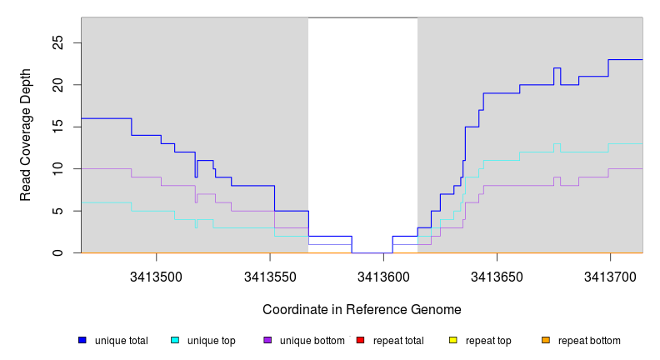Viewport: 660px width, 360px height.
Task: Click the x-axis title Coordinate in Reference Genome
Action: click(x=362, y=309)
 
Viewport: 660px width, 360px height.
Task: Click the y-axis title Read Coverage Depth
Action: click(x=26, y=135)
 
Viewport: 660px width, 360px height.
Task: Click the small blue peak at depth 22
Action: click(x=557, y=67)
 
